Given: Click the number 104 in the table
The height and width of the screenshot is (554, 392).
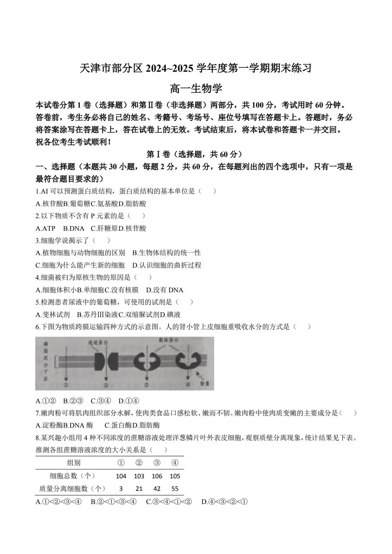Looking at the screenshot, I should coord(121,476).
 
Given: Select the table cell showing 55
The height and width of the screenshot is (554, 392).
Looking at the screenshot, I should coord(175,489).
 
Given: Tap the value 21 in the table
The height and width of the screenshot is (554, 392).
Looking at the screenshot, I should coord(139,489).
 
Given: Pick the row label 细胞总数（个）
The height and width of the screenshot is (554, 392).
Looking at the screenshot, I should coord(72,476).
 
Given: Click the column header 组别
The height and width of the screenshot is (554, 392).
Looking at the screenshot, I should coord(73,463).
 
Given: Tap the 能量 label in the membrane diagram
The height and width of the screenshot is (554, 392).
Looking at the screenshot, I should coord(205,383).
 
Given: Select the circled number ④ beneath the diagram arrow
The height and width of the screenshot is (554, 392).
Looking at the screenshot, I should coord(188,385).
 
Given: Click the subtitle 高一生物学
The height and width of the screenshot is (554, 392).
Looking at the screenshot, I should coord(196,89).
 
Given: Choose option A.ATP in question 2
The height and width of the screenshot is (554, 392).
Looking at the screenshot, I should coord(45,228).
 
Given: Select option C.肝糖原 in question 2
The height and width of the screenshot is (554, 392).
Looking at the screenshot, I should coord(104,228).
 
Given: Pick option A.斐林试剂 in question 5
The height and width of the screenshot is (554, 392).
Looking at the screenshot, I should coord(53,315).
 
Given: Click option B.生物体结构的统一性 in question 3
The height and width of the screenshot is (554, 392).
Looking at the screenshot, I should coord(166,253).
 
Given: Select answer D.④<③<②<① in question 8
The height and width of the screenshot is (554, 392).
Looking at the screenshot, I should coord(225,502).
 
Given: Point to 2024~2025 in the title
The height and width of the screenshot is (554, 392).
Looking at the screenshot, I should coord(169,69).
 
